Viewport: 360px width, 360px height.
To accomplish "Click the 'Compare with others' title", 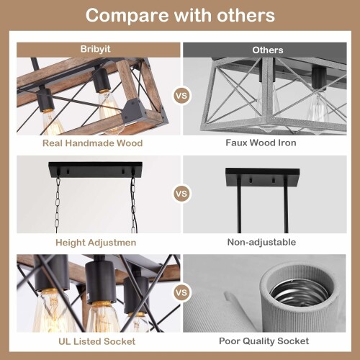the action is (x=180, y=15).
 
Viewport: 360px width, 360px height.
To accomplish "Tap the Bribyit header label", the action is (x=96, y=49).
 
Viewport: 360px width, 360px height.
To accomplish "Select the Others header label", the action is (x=268, y=50).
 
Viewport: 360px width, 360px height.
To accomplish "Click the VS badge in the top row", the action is (x=181, y=96).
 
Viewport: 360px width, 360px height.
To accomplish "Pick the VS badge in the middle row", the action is (x=181, y=194).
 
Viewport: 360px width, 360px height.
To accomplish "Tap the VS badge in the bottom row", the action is (x=181, y=292).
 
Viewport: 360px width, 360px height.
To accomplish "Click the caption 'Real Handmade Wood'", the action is (x=93, y=143).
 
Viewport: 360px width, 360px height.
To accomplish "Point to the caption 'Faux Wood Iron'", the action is (x=261, y=143).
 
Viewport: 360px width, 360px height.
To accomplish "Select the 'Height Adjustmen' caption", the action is (x=96, y=243).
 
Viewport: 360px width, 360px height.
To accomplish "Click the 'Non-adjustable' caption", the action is (x=261, y=242).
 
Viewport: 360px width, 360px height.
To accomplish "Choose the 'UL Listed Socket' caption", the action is (x=97, y=341).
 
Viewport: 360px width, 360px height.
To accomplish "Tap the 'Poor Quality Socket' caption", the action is (x=264, y=341).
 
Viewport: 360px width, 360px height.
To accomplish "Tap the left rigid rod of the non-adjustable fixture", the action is (x=239, y=205).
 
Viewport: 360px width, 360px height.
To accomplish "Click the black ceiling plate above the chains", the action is (x=95, y=169).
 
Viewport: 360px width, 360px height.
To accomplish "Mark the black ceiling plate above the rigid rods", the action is (x=263, y=178).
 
